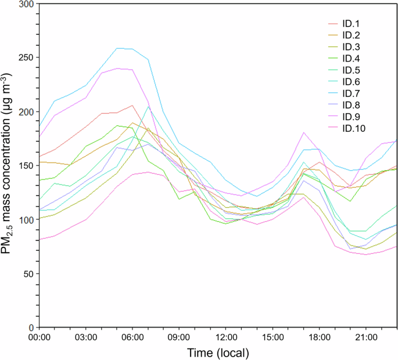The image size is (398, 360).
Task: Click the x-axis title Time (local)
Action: tap(218, 352)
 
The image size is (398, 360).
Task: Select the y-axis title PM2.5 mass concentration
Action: tap(10, 165)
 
